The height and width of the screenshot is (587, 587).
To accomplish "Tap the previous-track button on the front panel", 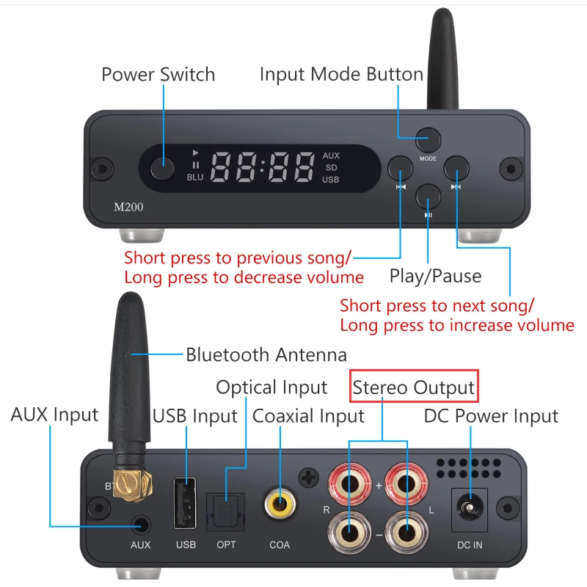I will tap(401, 169).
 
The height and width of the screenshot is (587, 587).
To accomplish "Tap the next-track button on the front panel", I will tap(456, 169).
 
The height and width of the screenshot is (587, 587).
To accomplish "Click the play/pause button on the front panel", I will tap(428, 197).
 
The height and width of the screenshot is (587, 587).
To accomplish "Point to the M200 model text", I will tap(128, 207).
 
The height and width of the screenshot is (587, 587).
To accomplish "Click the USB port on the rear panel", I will tap(186, 503).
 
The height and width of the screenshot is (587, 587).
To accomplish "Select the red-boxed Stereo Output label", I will tap(414, 386).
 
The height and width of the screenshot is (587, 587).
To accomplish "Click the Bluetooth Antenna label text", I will tap(266, 355).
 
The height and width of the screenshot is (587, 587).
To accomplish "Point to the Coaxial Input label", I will tap(308, 416).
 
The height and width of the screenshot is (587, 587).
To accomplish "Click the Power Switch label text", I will tap(158, 74).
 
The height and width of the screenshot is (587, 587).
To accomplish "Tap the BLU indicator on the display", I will tap(194, 177).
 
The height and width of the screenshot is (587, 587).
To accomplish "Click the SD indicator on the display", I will tap(331, 167).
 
